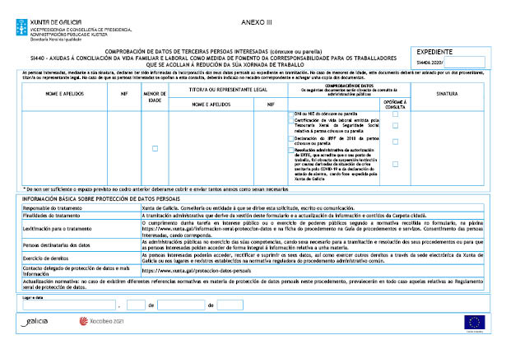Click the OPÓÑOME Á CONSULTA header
(x=395, y=104)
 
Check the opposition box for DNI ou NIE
(x=395, y=114)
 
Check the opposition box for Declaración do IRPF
(x=395, y=140)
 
